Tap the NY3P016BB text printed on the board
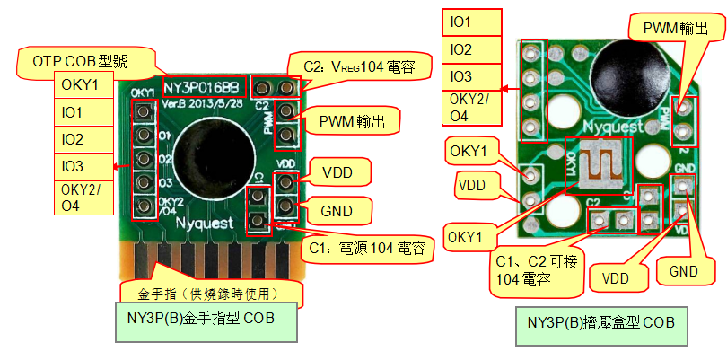click(202, 87)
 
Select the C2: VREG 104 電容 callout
click(360, 65)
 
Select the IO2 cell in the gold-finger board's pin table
click(85, 140)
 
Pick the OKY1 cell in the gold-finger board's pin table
click(85, 85)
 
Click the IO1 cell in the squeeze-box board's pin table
click(474, 21)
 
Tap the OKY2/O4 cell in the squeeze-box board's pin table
click(474, 107)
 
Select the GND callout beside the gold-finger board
click(335, 211)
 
